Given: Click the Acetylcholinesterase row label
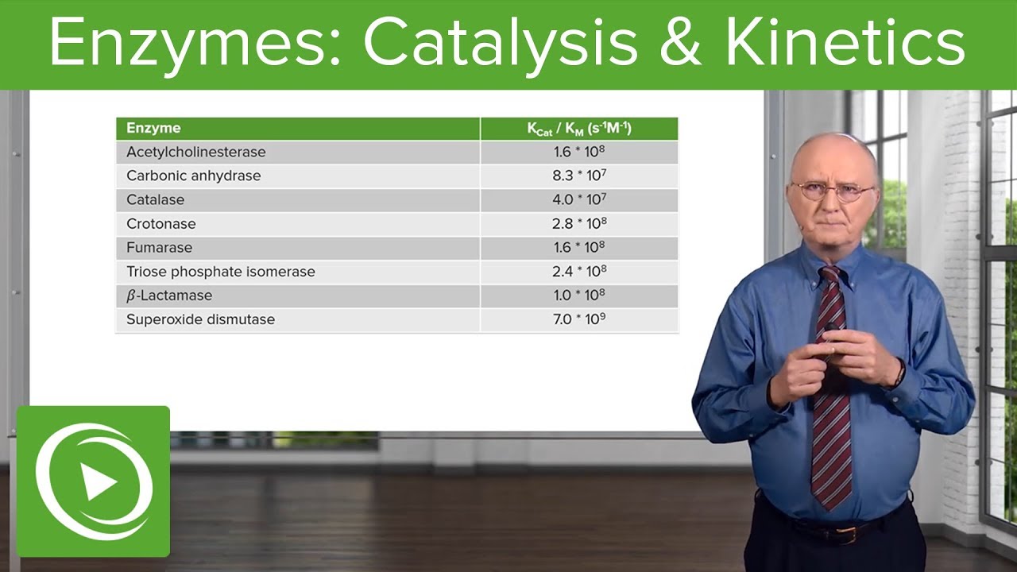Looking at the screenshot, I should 195,152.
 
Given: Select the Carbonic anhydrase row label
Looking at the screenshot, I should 193,176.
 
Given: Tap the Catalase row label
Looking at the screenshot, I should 155,199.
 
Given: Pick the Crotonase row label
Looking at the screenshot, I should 160,223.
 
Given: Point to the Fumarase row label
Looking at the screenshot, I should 159,247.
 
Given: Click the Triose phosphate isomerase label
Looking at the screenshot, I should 220,272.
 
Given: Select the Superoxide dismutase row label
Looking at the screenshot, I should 200,319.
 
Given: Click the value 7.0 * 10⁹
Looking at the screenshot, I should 579,319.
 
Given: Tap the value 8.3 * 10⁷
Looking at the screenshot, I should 579,176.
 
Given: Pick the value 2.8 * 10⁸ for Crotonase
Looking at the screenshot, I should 579,223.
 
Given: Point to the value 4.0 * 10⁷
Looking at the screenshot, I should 579,199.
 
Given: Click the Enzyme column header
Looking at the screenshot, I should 153,128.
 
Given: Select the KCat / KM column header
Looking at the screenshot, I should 579,129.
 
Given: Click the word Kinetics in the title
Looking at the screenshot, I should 844,44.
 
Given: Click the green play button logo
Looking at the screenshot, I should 94,481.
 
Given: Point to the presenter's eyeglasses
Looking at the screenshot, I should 832,191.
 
